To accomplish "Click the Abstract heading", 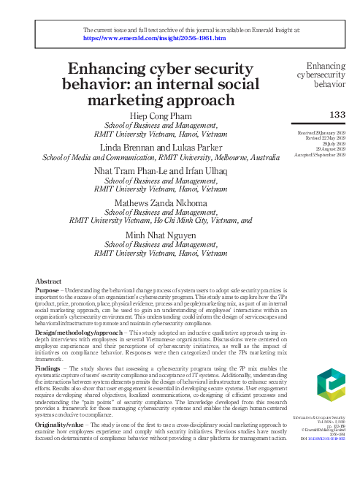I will (x=49, y=281).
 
